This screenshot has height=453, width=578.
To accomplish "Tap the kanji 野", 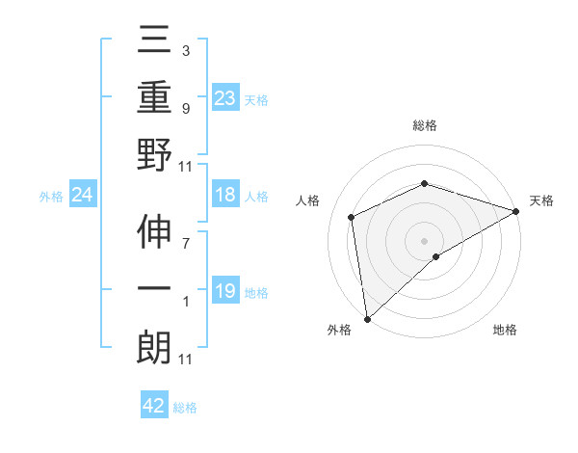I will (x=154, y=155).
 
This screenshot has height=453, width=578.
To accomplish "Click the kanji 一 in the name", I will (x=154, y=289).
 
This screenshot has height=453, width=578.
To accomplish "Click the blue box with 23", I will (x=224, y=97).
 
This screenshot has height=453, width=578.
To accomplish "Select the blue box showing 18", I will (x=224, y=195).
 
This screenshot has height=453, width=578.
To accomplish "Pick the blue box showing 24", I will (x=82, y=196).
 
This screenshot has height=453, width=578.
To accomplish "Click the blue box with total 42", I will (x=153, y=406).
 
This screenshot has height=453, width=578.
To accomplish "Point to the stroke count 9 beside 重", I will (x=185, y=107).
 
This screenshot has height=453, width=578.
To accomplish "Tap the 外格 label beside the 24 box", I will (x=51, y=197).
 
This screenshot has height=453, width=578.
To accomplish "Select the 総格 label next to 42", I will (x=185, y=408).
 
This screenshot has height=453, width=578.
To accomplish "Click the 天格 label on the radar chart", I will (x=541, y=200).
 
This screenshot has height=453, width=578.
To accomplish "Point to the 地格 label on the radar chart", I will (x=505, y=330).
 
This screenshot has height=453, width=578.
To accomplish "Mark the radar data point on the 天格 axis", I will (x=516, y=211).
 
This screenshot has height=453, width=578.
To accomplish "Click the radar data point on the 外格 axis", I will (x=367, y=319).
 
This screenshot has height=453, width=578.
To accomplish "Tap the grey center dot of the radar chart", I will (x=424, y=240).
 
